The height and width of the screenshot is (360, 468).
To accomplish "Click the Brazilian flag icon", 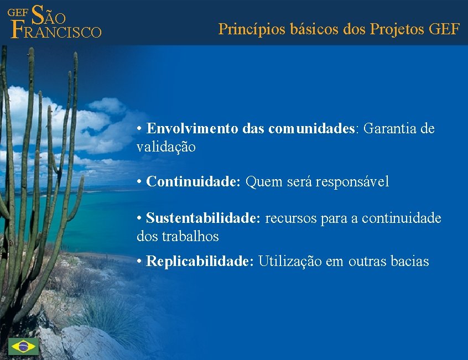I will (23, 347).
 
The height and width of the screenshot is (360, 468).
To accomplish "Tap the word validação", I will (166, 148).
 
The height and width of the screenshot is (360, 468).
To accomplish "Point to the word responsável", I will (352, 181).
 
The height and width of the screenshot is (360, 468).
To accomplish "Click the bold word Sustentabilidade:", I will (203, 218).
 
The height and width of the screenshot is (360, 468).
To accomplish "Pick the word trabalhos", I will (190, 237).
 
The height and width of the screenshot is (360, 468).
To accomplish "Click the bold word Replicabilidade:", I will (200, 262).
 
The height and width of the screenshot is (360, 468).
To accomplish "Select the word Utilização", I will (289, 262).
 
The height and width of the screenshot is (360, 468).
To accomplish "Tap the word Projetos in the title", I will (396, 29).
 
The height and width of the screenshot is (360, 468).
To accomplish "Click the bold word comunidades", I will (311, 129).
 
